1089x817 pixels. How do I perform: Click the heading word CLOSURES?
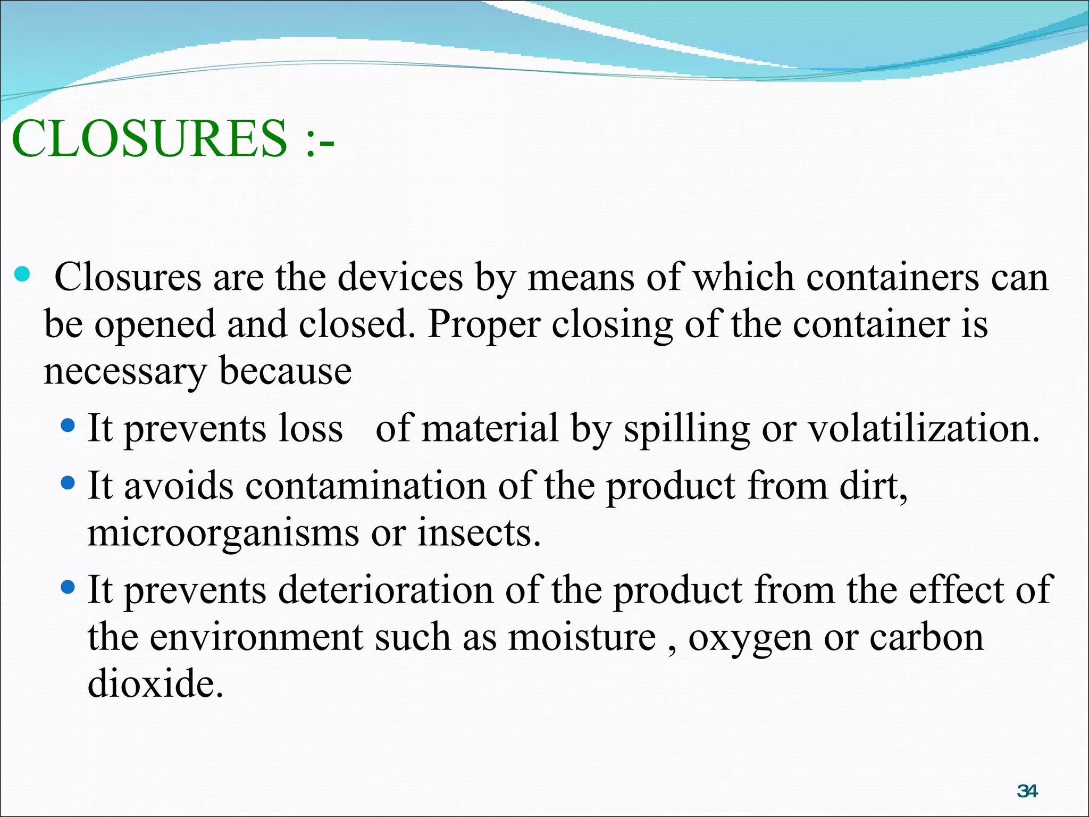click(149, 139)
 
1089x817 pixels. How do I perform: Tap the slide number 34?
click(1027, 791)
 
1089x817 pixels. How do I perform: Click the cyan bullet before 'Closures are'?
click(22, 274)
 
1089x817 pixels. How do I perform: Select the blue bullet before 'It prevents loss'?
click(69, 426)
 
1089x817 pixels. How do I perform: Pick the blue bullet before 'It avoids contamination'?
click(69, 483)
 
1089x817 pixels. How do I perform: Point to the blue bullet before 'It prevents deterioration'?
click(69, 587)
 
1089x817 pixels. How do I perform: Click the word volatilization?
click(924, 429)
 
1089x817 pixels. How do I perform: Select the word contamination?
click(366, 486)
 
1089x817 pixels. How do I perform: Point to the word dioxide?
click(155, 684)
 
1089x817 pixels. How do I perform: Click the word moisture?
click(582, 637)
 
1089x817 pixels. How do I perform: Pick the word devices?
click(400, 278)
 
